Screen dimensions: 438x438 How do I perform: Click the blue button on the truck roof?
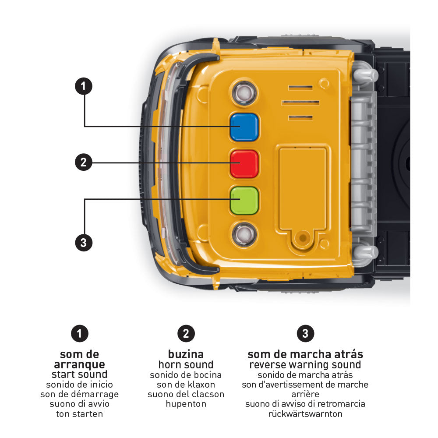(x=244, y=127)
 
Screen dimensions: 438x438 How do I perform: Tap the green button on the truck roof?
(x=244, y=200)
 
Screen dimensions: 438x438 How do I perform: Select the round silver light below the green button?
(x=244, y=234)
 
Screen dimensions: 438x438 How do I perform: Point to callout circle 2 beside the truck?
(x=84, y=162)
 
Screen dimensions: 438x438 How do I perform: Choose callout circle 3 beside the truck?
(x=84, y=242)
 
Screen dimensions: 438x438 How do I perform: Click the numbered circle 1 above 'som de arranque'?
(x=79, y=334)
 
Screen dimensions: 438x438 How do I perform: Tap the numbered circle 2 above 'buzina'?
(x=186, y=334)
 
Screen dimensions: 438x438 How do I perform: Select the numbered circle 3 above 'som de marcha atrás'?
(x=305, y=334)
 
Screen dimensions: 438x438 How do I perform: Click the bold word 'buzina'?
(x=186, y=354)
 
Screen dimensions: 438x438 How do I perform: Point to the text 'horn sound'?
(x=186, y=364)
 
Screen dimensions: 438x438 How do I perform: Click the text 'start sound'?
(x=79, y=374)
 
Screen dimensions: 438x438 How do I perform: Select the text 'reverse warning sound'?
(x=305, y=364)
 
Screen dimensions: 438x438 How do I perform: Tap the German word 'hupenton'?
(x=186, y=404)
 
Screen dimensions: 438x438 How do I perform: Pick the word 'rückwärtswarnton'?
(x=305, y=413)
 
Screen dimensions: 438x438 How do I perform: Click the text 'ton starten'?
(x=79, y=413)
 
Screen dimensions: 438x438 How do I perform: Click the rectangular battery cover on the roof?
(x=303, y=188)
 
